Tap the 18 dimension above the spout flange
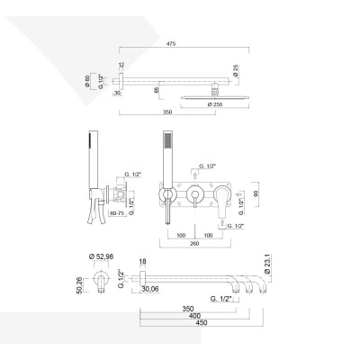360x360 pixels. [143, 261]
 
